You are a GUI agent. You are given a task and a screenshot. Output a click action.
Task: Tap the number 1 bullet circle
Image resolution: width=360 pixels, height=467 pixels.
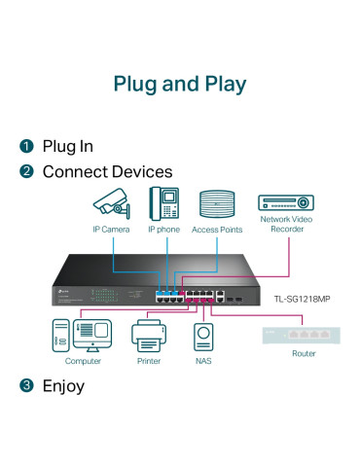(27, 147)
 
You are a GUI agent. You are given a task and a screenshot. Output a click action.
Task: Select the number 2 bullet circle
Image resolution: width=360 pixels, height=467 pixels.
(27, 172)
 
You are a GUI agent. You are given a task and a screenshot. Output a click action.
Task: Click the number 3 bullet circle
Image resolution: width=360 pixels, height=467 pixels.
(27, 386)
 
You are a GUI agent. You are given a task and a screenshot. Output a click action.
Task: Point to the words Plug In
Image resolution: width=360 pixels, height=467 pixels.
(67, 147)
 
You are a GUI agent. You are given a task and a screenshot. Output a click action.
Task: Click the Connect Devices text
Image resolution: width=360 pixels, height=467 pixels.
(107, 172)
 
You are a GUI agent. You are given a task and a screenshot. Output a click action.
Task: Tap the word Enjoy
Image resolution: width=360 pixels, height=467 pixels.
(63, 386)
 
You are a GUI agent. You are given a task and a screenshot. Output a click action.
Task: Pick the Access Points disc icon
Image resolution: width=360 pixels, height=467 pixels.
(218, 203)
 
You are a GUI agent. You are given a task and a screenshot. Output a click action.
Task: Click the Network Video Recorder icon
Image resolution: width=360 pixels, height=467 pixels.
(285, 202)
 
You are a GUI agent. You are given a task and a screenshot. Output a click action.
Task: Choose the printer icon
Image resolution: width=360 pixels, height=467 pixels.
(148, 336)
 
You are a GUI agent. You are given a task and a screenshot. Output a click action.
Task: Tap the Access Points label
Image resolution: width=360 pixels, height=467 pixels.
(218, 230)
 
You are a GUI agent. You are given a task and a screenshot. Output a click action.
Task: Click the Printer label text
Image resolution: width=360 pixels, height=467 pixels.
(148, 360)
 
